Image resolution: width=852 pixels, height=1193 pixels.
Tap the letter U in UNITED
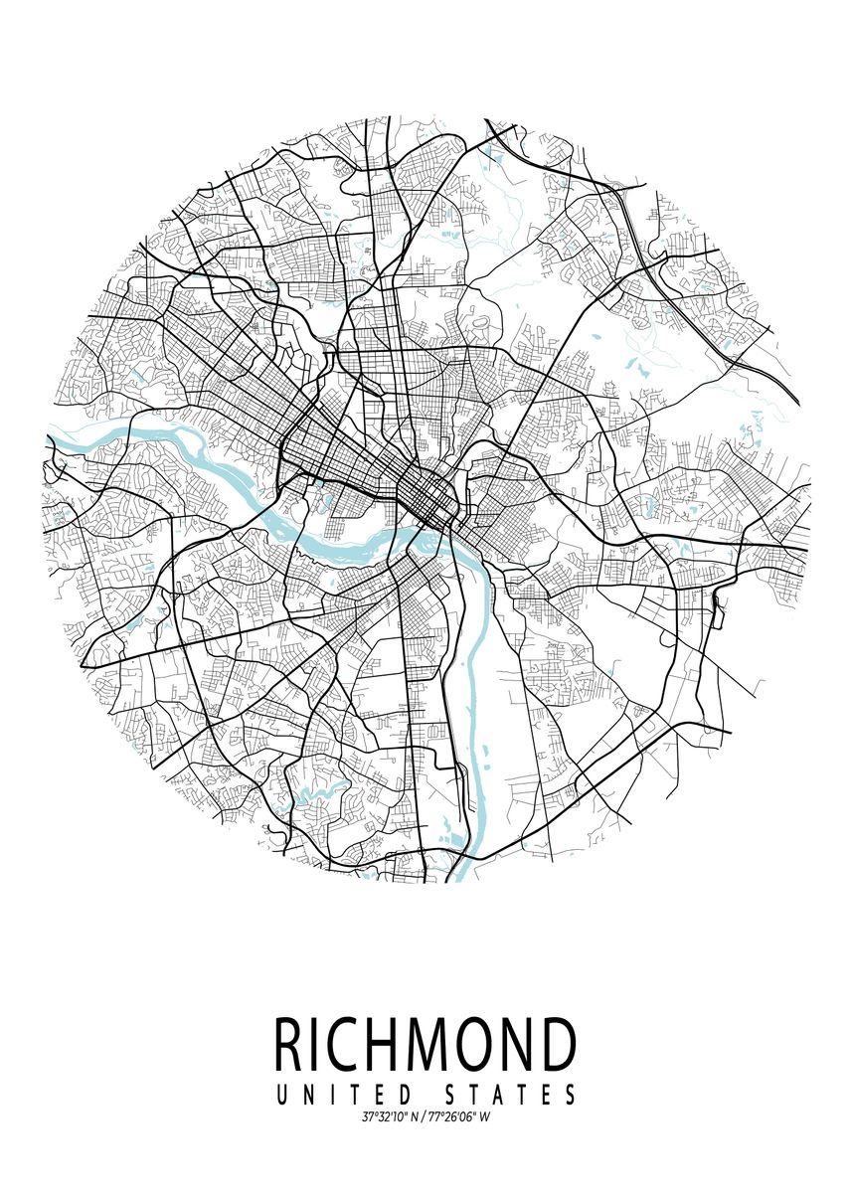(x=281, y=1096)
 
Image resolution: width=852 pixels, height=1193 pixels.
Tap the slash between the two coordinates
(x=423, y=1117)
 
